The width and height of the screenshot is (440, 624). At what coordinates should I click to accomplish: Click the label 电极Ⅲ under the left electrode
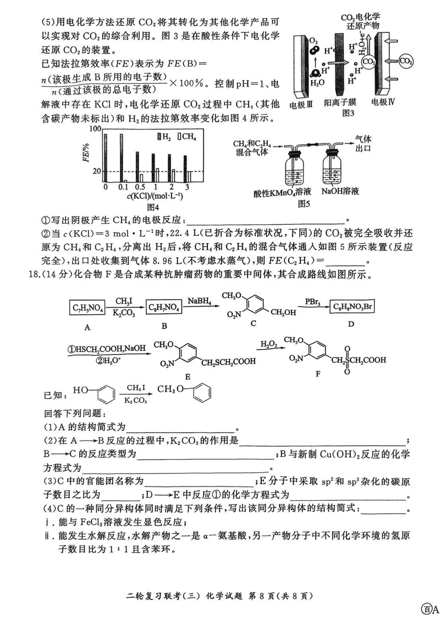pos(303,102)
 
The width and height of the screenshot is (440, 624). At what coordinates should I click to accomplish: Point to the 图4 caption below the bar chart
pos(153,207)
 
